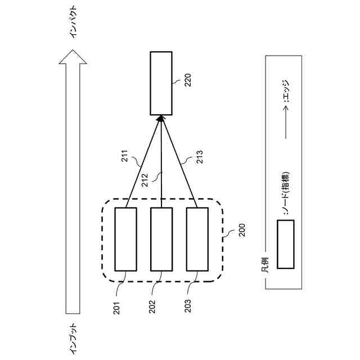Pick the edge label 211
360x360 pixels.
point(125,156)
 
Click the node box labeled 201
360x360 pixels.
point(125,239)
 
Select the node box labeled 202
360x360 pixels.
point(161,239)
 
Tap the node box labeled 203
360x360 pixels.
point(197,239)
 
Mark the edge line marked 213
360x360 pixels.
point(179,163)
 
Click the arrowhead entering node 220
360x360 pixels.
point(161,118)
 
